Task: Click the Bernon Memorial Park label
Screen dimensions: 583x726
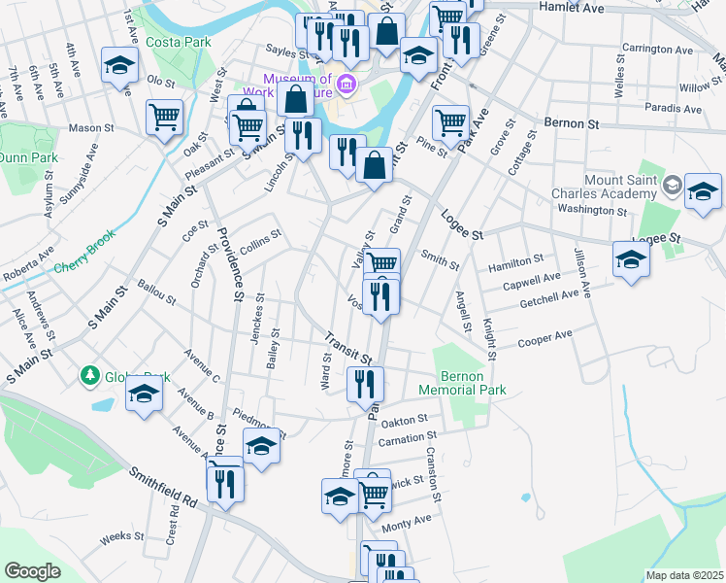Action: [x=462, y=382]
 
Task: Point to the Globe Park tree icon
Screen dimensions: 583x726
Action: [x=89, y=374]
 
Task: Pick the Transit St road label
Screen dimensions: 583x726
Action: [x=348, y=345]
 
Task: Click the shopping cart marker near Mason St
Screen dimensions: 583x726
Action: [x=165, y=118]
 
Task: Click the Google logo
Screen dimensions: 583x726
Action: [x=33, y=571]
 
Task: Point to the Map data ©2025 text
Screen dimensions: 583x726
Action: [x=685, y=575]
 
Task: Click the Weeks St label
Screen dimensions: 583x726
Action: [x=122, y=535]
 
